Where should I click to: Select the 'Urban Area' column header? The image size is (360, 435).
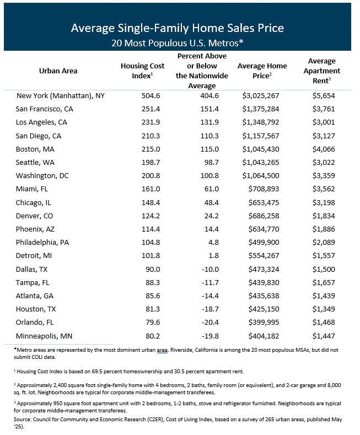pyautogui.click(x=58, y=71)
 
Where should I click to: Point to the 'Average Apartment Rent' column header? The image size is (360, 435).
pyautogui.click(x=324, y=71)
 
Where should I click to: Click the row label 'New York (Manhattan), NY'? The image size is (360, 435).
pyautogui.click(x=61, y=95)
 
